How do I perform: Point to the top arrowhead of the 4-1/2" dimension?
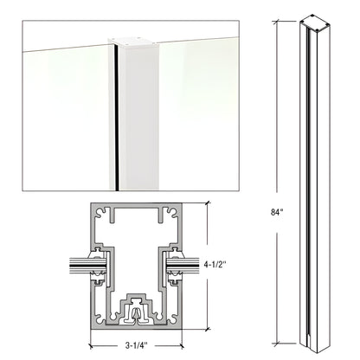click(x=209, y=204)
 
